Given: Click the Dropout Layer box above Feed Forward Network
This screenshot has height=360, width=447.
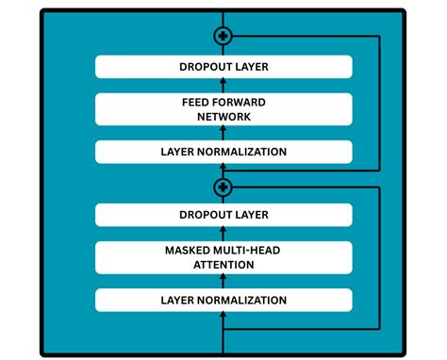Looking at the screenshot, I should pyautogui.click(x=223, y=67).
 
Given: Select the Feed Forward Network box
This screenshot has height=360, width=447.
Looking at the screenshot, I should pyautogui.click(x=223, y=109).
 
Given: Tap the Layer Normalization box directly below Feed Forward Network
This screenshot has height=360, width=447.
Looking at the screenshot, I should pyautogui.click(x=223, y=152).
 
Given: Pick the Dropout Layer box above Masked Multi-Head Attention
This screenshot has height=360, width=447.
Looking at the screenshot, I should pyautogui.click(x=223, y=215).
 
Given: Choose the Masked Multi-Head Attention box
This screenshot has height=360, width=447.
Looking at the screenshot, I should pyautogui.click(x=223, y=257).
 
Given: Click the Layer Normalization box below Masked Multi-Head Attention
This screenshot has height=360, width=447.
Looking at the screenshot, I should pyautogui.click(x=223, y=300).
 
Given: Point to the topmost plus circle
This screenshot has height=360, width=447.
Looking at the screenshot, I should pyautogui.click(x=223, y=36).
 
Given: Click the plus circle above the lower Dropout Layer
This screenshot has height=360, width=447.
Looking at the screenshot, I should pyautogui.click(x=223, y=186).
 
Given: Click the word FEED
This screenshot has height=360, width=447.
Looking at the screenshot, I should pyautogui.click(x=197, y=102).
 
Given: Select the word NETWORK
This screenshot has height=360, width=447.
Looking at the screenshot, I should pyautogui.click(x=223, y=117).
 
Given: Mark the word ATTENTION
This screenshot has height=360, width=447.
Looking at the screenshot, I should pyautogui.click(x=223, y=265).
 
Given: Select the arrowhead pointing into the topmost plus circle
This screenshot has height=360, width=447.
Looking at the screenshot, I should pyautogui.click(x=237, y=36).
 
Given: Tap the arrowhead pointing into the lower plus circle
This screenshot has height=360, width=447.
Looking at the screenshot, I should pyautogui.click(x=237, y=186).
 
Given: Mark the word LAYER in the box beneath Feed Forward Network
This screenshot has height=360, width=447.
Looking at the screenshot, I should pyautogui.click(x=177, y=152).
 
